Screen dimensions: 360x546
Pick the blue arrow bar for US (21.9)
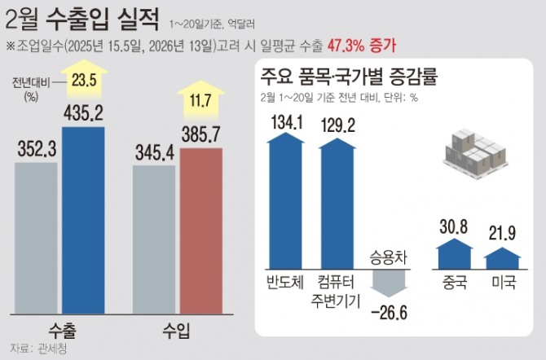[502, 258]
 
